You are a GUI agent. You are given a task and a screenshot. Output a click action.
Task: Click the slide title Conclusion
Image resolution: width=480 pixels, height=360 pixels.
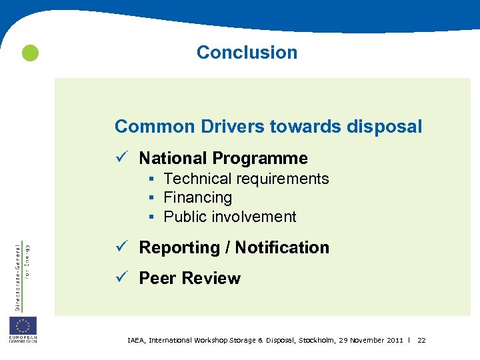[x=247, y=52]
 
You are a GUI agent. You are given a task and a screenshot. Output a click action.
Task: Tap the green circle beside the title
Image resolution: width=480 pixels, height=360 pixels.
[x=29, y=53]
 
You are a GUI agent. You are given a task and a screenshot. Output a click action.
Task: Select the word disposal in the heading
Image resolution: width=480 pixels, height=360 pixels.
[x=384, y=126]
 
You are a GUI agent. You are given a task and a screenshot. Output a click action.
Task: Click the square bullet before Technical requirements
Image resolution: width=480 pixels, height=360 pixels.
[x=152, y=179]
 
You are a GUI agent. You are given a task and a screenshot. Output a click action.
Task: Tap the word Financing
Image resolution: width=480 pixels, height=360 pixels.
[x=198, y=197]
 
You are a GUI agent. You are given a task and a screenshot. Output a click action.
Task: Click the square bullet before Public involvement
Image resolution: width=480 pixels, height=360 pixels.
[x=152, y=217]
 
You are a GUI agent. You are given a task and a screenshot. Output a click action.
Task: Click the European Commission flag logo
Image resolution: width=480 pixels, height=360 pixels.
[x=23, y=327]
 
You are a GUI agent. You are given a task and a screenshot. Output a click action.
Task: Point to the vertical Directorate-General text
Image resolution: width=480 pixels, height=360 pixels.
[x=18, y=275]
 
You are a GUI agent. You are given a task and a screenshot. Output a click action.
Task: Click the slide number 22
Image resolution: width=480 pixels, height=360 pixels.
[x=421, y=341]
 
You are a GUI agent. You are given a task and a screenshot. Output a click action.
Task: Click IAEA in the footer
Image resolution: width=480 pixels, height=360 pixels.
[x=136, y=341]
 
